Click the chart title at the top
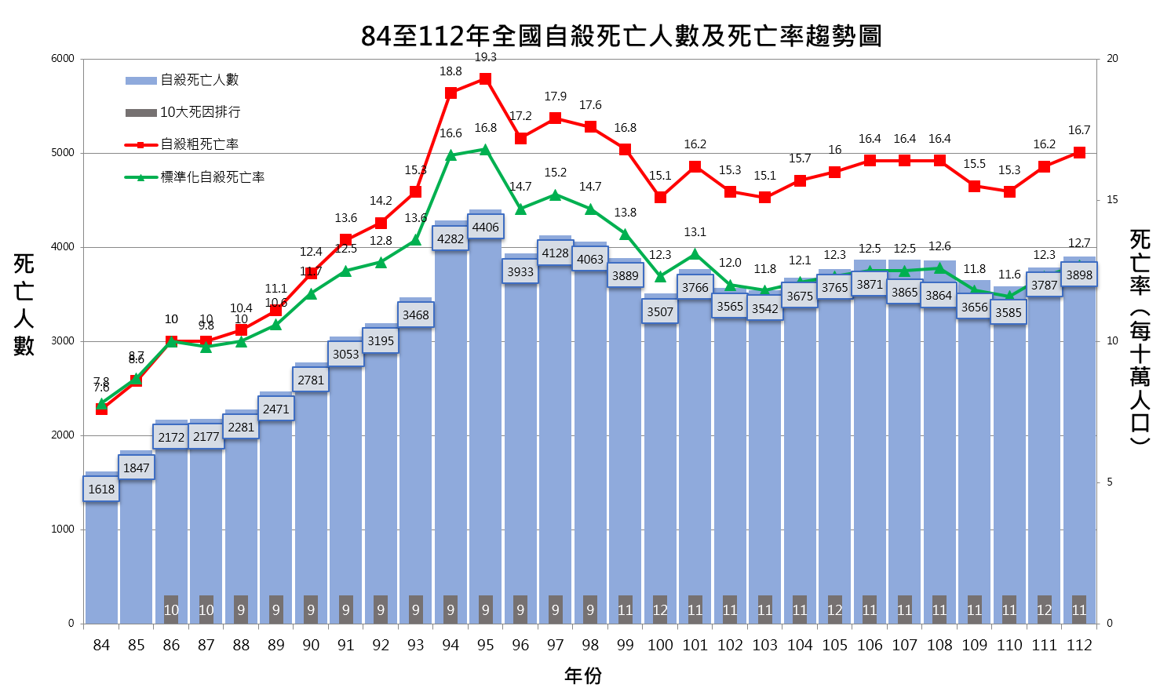click(x=621, y=36)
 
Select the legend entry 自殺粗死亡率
click(x=199, y=144)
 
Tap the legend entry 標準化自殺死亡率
click(x=212, y=177)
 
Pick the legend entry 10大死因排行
click(x=200, y=112)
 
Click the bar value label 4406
click(x=485, y=227)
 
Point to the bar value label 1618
click(x=101, y=489)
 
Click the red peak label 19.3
click(x=485, y=57)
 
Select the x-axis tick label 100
click(x=660, y=645)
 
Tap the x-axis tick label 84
click(x=101, y=645)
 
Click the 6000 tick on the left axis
click(x=63, y=59)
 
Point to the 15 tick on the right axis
click(x=1112, y=200)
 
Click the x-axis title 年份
click(x=583, y=675)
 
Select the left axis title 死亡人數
click(x=24, y=304)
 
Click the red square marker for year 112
click(x=1079, y=152)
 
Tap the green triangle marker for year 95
click(x=485, y=149)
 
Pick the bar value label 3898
click(x=1079, y=275)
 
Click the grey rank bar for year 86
click(x=171, y=609)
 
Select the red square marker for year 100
click(x=660, y=197)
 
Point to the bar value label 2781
click(x=311, y=380)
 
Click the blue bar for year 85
click(x=136, y=549)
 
